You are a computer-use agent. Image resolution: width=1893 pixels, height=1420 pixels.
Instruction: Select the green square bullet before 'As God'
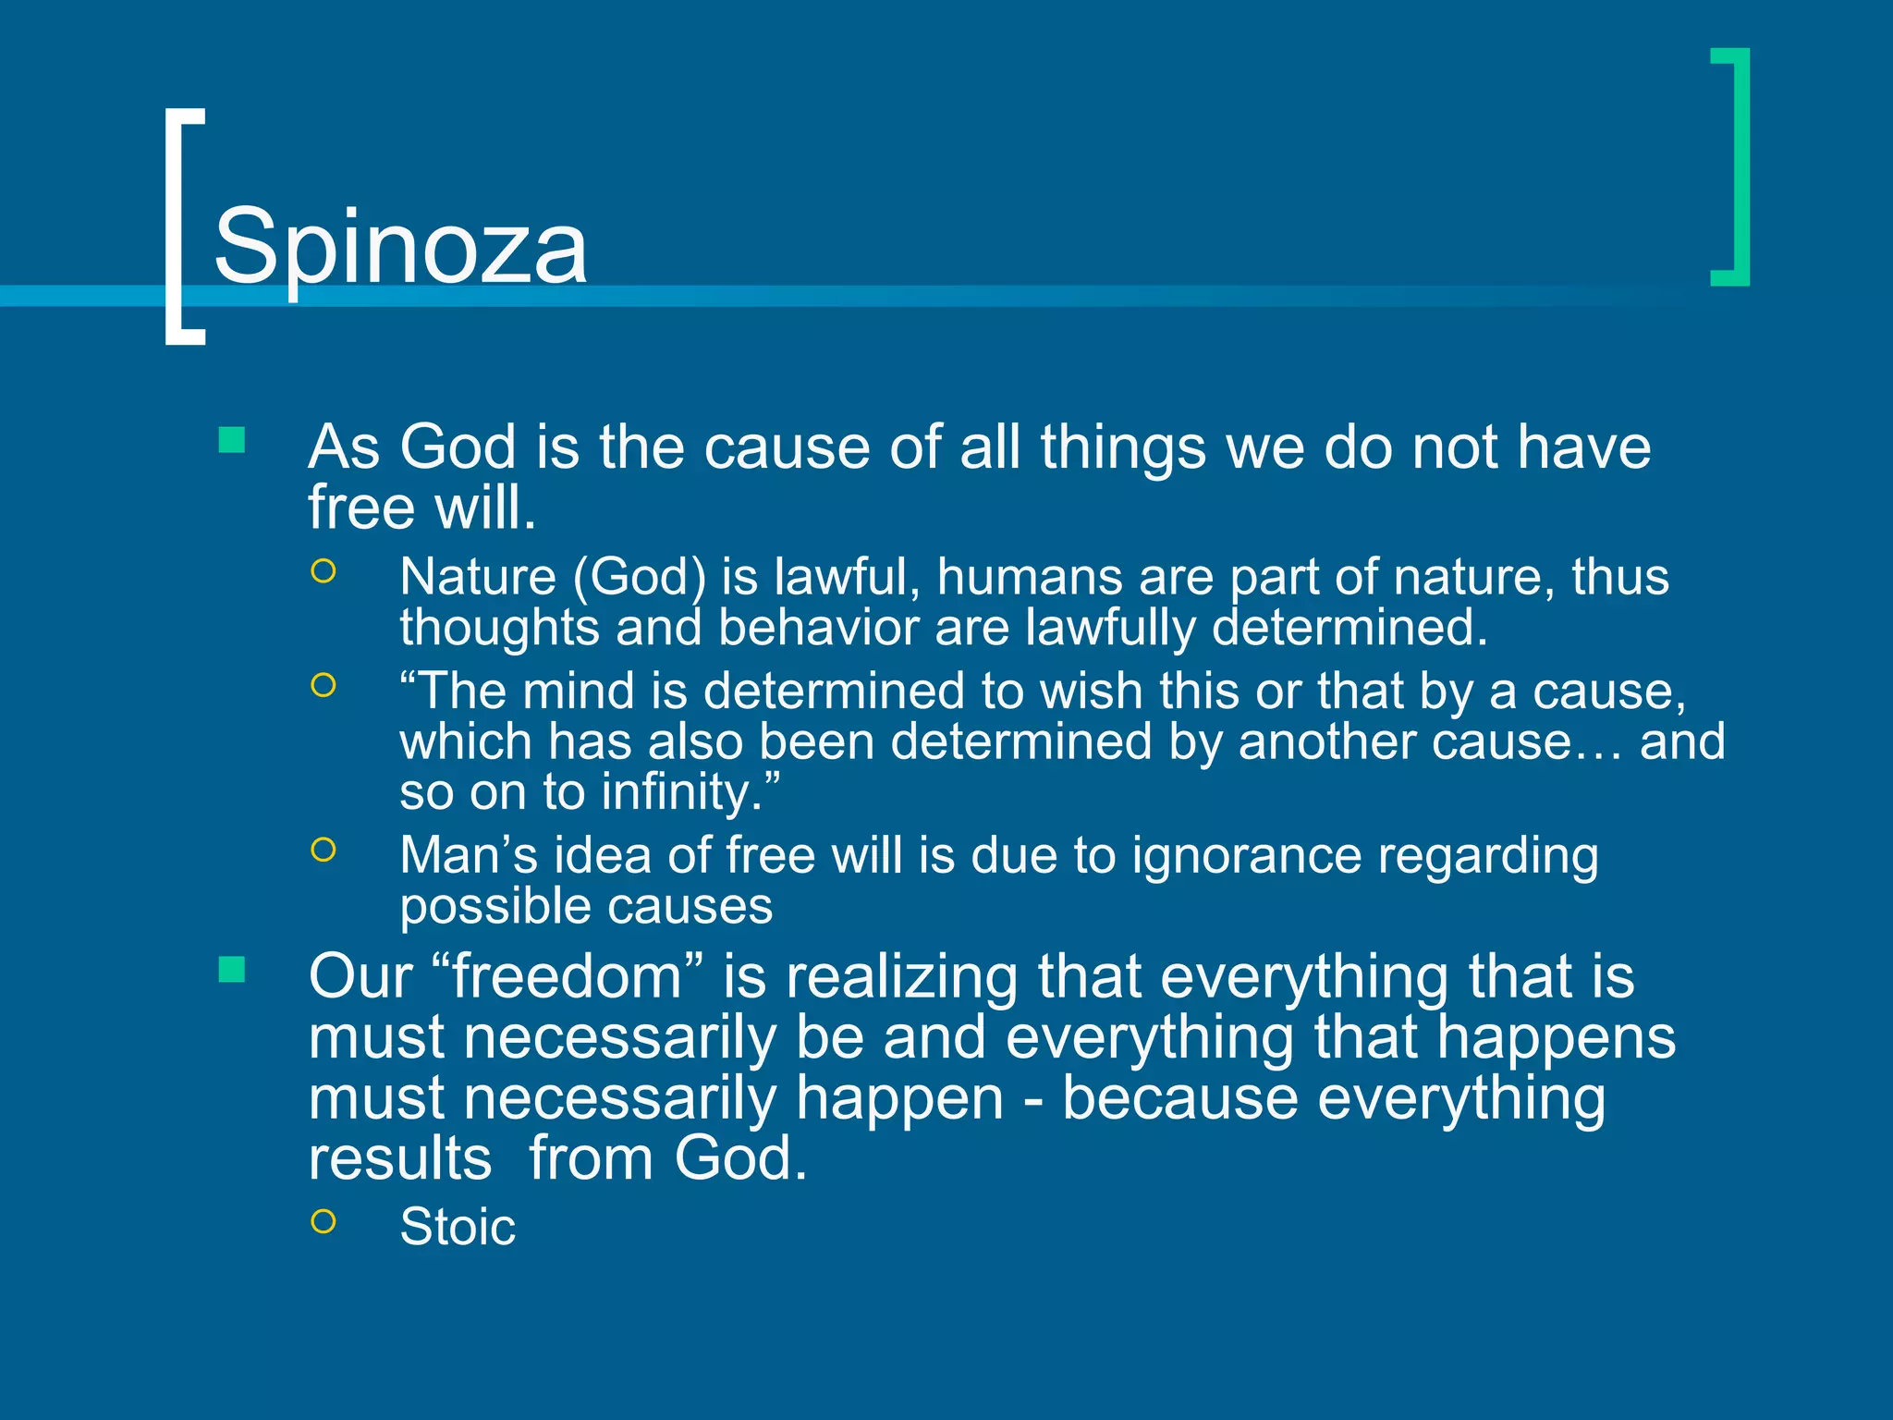pos(231,440)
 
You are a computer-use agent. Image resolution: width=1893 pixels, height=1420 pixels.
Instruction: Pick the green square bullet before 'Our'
pos(231,970)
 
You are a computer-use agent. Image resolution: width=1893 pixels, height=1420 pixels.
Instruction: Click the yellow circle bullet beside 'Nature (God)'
pos(324,571)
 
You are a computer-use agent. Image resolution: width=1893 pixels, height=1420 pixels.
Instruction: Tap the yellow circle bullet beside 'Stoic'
pos(324,1221)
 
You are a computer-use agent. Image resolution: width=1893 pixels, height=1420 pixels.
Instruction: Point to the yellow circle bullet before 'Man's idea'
pos(324,849)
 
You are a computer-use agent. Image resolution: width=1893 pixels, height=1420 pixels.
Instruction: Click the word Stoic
pos(458,1227)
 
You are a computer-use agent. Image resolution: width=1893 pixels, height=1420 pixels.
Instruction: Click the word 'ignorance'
pos(1246,855)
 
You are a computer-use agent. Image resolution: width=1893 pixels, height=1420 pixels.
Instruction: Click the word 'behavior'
pos(817,627)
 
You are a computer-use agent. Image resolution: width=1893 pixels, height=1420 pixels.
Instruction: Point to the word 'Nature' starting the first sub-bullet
pos(478,576)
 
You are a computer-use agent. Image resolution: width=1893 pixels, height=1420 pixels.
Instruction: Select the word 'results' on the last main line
pos(400,1158)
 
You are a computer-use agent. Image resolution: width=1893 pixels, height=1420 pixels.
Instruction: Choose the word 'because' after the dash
pos(1179,1098)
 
